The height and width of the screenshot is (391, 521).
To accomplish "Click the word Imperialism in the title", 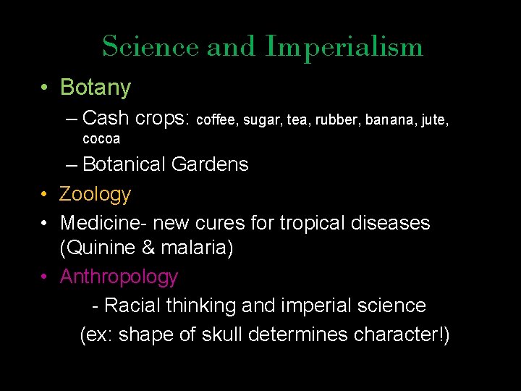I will pyautogui.click(x=344, y=47).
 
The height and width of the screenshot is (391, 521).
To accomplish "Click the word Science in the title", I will pyautogui.click(x=151, y=47).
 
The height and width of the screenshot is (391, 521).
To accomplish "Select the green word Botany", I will pyautogui.click(x=96, y=88).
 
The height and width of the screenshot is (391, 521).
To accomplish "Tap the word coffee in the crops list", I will pyautogui.click(x=217, y=119).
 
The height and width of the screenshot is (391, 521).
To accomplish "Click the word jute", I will pyautogui.click(x=436, y=119).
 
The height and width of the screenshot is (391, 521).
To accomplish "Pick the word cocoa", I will pyautogui.click(x=101, y=138).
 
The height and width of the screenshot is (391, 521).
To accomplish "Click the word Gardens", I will pyautogui.click(x=210, y=164).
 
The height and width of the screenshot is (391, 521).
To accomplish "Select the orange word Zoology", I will pyautogui.click(x=96, y=195).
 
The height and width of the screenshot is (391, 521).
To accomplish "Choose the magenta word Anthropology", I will pyautogui.click(x=119, y=277).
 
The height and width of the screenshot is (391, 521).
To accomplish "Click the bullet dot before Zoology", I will pyautogui.click(x=45, y=195).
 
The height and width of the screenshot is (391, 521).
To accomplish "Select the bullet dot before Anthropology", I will pyautogui.click(x=45, y=277).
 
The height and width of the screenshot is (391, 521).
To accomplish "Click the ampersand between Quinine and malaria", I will pyautogui.click(x=151, y=249).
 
